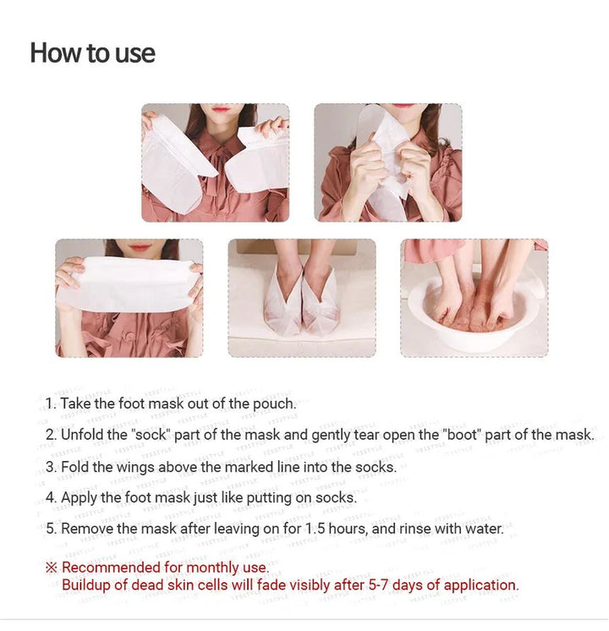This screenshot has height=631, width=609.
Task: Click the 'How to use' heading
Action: [x=92, y=52]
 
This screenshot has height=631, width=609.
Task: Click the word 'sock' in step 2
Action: [x=151, y=435]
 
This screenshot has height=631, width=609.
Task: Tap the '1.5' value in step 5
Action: [x=315, y=529]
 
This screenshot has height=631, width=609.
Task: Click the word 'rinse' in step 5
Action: [x=415, y=529]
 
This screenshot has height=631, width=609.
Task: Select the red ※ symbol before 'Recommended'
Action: [x=51, y=568]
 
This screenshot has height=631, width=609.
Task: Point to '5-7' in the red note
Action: [x=378, y=584]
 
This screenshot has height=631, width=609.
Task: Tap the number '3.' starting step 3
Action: [x=52, y=467]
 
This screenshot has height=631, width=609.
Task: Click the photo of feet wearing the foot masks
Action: [x=302, y=299]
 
